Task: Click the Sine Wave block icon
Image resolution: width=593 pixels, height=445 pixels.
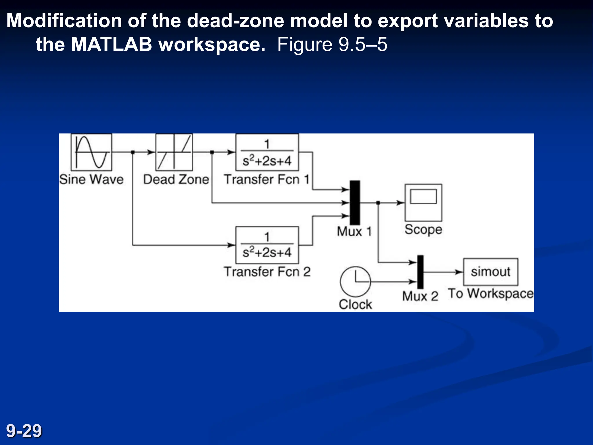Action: coord(91,152)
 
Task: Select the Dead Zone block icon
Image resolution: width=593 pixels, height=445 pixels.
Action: coord(174,152)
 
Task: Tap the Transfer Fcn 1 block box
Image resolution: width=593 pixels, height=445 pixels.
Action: coord(267,152)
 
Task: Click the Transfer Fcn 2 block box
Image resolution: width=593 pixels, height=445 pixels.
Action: coord(267,245)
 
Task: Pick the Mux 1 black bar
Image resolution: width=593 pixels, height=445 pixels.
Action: coord(355,203)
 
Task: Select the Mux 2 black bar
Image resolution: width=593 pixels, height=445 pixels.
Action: coord(420,272)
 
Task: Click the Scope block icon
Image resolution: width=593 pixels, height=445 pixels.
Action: coord(423,203)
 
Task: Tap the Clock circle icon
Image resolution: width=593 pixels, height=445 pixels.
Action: coord(355,281)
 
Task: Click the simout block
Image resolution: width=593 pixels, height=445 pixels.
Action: coord(490,272)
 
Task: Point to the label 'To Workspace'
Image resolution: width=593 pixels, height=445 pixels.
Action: coord(490,293)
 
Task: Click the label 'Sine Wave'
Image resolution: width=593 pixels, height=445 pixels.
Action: coord(91,179)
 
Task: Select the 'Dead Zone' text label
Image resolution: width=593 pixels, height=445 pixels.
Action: coord(176,179)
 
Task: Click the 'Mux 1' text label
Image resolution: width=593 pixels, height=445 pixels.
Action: coord(354,231)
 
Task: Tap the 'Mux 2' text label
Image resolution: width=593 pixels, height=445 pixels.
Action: coord(420,296)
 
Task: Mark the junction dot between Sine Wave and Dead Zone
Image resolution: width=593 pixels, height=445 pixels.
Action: coord(133,152)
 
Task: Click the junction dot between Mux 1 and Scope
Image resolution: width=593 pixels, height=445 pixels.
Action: coord(378,203)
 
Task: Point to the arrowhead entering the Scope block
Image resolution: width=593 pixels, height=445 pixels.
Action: coord(401,203)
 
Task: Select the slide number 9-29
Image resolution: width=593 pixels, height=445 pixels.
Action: coord(24,431)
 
